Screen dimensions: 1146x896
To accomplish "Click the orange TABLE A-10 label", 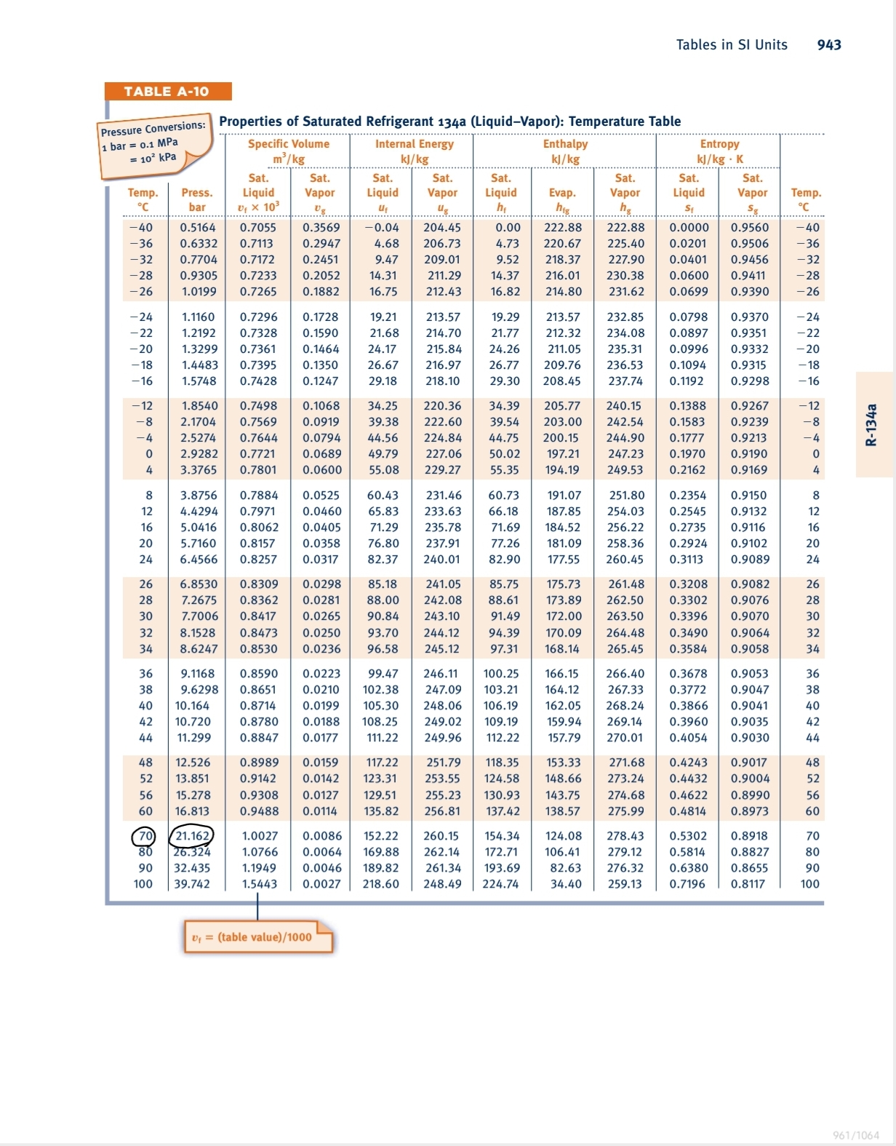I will (167, 92).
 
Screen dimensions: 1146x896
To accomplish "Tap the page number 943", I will (829, 45).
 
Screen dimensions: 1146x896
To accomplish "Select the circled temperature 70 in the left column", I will (145, 836).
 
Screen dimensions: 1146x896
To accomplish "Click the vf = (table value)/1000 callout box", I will (257, 937).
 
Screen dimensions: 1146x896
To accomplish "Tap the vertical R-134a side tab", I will (871, 425).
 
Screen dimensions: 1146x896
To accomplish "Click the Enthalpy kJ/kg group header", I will (565, 151).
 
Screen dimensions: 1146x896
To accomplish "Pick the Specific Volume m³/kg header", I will (289, 151).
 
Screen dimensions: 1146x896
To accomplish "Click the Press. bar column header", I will (197, 199).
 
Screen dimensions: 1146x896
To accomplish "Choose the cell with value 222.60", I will (442, 422).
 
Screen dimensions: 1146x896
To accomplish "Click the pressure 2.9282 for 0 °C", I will (199, 454).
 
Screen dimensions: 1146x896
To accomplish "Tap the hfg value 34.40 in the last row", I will (566, 884).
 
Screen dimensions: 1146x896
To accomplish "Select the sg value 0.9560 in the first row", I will (750, 228).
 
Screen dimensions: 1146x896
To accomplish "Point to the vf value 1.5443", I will (260, 884).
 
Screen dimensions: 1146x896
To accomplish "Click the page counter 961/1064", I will (856, 1135).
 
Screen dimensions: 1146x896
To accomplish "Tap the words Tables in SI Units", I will (732, 45).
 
